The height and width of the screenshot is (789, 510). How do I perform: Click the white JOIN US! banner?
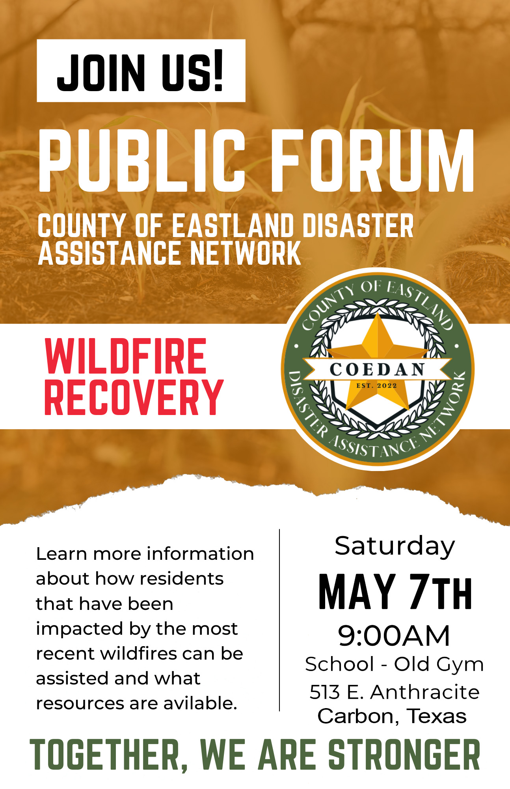pos(141,71)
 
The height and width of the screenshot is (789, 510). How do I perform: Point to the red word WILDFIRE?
pos(126,356)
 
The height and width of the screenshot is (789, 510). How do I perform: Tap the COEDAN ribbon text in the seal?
pos(377,370)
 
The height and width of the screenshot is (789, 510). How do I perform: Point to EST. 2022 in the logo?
pos(376,386)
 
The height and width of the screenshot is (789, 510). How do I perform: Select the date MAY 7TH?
pos(395,591)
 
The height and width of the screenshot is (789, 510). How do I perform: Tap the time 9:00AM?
pos(394,636)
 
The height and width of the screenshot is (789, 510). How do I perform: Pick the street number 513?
pos(325,692)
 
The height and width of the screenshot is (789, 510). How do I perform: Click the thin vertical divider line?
pos(279,620)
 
